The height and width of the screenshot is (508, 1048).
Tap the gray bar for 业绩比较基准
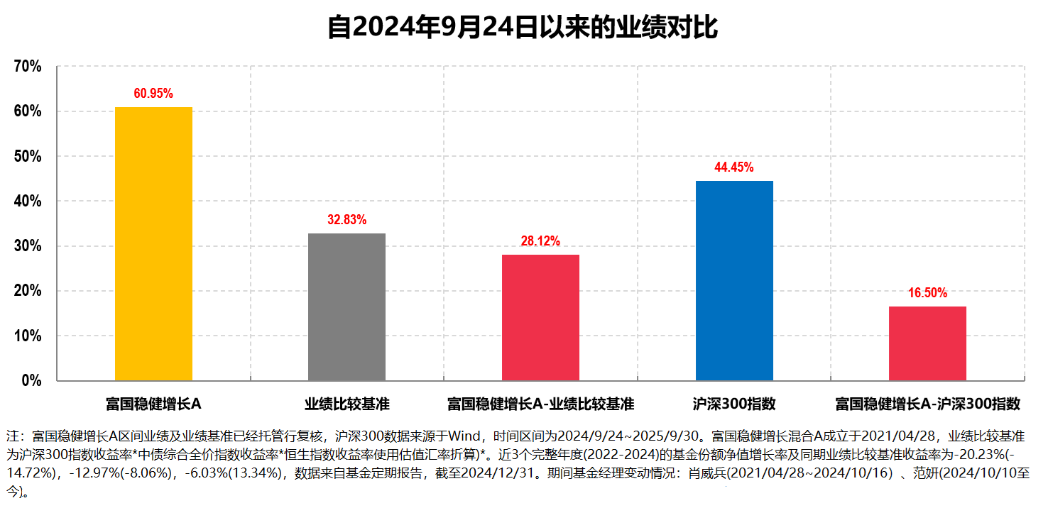[346, 307]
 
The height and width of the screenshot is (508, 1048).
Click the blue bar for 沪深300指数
[734, 280]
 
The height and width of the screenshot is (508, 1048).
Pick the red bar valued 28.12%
[540, 317]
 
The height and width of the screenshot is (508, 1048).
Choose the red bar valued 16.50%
[927, 343]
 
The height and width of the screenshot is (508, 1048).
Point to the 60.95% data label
[153, 94]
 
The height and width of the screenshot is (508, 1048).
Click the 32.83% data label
[346, 220]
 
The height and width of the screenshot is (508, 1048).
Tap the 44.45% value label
[734, 167]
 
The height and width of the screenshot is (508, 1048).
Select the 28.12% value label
[540, 241]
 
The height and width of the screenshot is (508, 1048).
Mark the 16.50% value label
[927, 293]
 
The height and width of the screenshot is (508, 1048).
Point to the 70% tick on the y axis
[28, 67]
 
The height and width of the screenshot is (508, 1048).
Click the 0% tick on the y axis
[32, 381]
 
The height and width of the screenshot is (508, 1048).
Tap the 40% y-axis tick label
[28, 201]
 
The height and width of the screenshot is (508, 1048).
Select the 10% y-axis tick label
[28, 336]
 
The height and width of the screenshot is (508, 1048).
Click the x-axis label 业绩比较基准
[347, 404]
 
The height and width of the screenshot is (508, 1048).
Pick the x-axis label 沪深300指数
[734, 404]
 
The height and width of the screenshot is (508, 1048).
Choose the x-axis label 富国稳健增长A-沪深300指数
[927, 404]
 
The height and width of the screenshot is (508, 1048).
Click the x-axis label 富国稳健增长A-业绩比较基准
[540, 404]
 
